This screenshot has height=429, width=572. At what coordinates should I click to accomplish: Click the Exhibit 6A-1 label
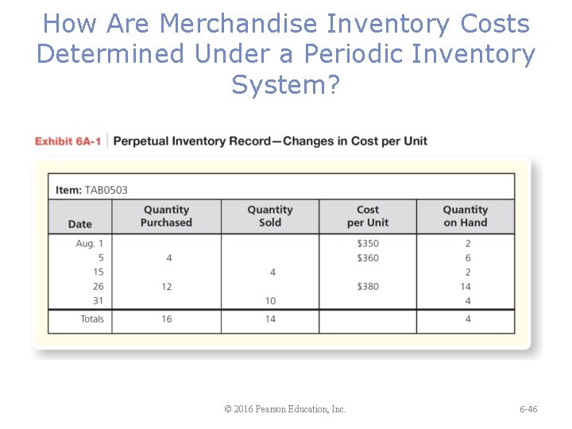click(x=68, y=141)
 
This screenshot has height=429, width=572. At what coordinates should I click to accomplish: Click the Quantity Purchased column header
click(x=166, y=216)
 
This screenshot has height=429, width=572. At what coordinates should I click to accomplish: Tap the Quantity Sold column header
click(x=270, y=216)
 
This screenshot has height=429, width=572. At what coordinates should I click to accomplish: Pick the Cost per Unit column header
click(x=368, y=216)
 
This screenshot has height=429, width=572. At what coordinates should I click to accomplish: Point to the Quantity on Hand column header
click(x=466, y=216)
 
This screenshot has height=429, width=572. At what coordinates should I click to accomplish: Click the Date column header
click(x=79, y=224)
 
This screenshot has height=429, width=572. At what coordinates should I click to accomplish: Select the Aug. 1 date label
click(x=90, y=244)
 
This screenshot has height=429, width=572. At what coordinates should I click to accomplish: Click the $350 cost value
click(x=368, y=244)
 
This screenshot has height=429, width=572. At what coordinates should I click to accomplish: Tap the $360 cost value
click(x=368, y=258)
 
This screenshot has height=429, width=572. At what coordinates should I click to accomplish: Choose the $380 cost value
click(x=368, y=287)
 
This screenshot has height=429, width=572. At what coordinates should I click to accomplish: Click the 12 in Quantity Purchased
click(x=167, y=287)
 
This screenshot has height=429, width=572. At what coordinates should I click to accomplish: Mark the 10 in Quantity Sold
click(x=271, y=301)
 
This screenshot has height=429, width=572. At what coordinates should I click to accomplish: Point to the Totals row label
click(x=92, y=319)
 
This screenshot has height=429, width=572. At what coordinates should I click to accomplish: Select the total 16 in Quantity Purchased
click(x=167, y=319)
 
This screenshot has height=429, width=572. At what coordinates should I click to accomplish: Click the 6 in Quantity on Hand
click(x=468, y=258)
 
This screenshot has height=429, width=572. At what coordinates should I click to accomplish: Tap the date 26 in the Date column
click(x=99, y=287)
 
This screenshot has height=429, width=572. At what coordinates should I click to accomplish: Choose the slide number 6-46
click(x=528, y=409)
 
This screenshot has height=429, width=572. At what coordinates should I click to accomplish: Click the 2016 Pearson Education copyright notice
click(x=285, y=409)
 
